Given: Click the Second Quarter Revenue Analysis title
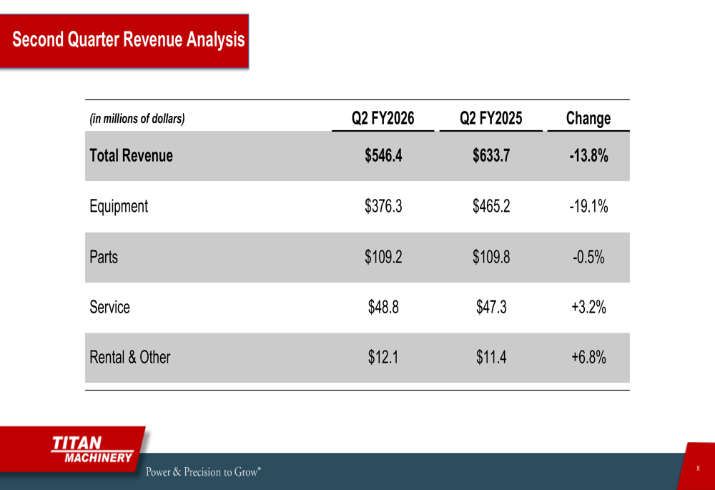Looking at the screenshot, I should coord(128,39).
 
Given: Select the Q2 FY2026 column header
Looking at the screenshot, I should coord(383,118).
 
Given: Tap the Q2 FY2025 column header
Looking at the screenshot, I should coord(491,118).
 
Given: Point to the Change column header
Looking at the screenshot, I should coord(588,118).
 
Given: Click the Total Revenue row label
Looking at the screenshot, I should coord(131,155).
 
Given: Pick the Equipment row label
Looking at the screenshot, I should coord(119,206).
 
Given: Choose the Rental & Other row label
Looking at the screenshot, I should coord(129,356).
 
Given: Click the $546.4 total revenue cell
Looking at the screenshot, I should coord(383,155).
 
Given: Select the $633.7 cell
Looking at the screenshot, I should coord(491,155).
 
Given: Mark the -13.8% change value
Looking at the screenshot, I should coord(588,155).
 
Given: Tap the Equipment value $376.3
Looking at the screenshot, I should coord(383,206).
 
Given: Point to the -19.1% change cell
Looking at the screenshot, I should coord(588,206).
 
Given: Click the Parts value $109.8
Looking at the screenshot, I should coord(491,256).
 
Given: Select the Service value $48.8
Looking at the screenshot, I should coord(383,307).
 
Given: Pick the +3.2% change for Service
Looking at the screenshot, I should coord(588,307).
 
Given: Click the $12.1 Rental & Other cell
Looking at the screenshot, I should coord(383,356).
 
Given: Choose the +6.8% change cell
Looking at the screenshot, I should coord(588,356).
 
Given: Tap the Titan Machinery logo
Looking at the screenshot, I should coord(92,450).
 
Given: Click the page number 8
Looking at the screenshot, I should coord(697,468).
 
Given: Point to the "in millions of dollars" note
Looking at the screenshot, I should coord(137,119).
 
